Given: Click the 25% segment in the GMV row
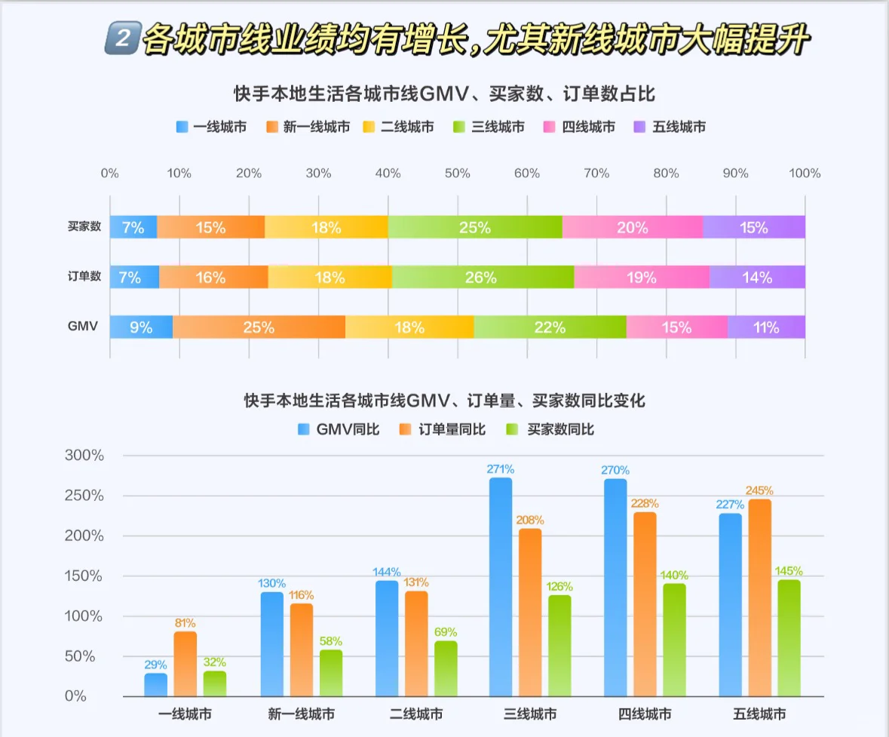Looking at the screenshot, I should tap(259, 327).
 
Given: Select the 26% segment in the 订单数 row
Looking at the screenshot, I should tap(483, 278).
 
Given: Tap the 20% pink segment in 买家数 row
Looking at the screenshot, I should tap(632, 228).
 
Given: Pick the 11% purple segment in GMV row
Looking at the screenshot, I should tap(766, 327).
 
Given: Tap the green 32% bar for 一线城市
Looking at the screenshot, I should tap(215, 683).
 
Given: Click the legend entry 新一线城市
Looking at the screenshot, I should tap(308, 127).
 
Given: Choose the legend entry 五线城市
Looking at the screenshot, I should tap(670, 127).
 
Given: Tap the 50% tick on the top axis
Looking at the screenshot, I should tap(458, 174).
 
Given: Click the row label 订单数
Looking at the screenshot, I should tap(84, 277).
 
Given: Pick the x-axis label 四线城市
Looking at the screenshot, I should tap(644, 714).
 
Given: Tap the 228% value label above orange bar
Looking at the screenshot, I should tap(645, 503).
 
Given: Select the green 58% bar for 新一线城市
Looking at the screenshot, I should tap(330, 673).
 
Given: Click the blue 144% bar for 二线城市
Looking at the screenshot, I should tap(387, 638).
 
